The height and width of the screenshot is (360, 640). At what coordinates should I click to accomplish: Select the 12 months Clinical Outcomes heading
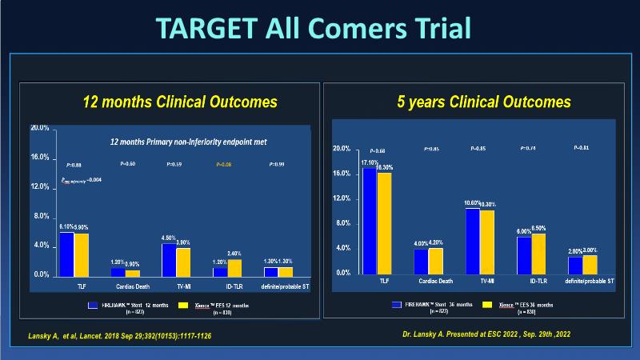(180, 102)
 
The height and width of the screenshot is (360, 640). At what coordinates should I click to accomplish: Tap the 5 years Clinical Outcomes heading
(484, 102)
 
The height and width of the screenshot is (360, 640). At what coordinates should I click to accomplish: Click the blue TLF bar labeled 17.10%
(369, 220)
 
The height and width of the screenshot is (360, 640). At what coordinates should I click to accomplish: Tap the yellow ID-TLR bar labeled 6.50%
(538, 253)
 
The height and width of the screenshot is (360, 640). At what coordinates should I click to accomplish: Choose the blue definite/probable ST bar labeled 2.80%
(575, 264)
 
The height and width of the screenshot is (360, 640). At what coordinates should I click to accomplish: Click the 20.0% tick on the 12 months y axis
(40, 128)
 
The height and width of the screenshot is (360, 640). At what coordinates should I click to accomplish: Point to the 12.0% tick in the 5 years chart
(341, 198)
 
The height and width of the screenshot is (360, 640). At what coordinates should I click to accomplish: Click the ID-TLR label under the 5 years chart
(531, 282)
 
